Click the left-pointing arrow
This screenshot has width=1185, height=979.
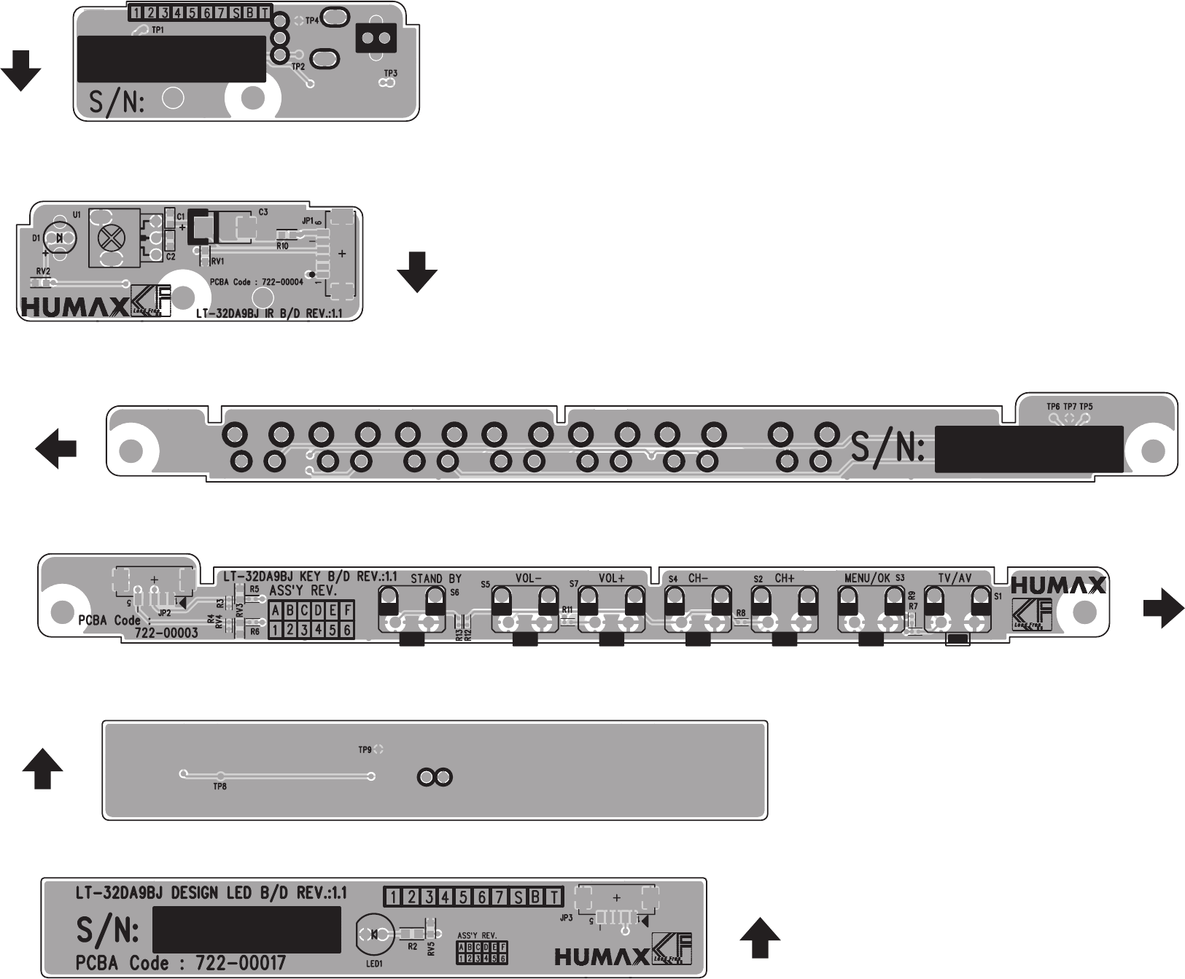[56, 448]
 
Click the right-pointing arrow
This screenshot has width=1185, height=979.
[1163, 608]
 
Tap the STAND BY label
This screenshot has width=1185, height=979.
[436, 578]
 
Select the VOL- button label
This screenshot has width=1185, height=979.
[529, 578]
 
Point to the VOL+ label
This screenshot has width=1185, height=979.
[612, 578]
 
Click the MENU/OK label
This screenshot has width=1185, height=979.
[867, 578]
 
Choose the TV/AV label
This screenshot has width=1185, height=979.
[955, 578]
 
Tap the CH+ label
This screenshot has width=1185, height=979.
[785, 578]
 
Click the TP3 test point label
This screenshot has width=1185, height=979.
[390, 74]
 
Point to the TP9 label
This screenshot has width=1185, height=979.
[365, 749]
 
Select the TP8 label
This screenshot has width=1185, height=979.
[219, 787]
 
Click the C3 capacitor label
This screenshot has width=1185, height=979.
[263, 212]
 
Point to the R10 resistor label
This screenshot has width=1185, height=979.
[283, 246]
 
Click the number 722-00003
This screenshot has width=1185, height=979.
[166, 633]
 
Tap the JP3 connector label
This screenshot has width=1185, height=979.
[566, 918]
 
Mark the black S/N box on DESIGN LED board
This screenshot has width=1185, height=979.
[247, 929]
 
